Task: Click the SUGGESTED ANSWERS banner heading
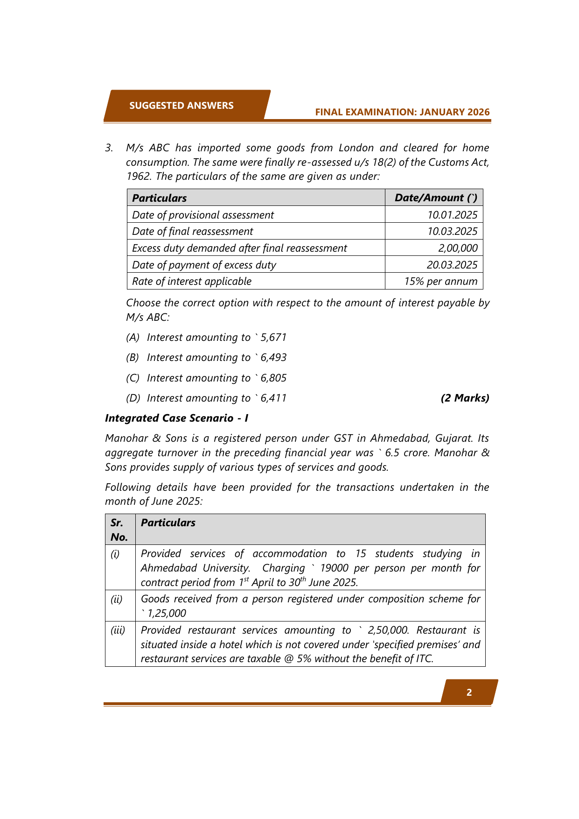pos(181,106)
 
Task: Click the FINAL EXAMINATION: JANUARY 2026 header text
pos(402,112)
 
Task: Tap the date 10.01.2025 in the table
pos(452,215)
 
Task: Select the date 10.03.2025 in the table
pos(452,231)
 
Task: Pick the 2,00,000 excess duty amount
pos(458,248)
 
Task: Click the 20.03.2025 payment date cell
pos(452,265)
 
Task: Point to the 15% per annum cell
pos(440,281)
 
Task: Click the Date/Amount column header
pos(436,198)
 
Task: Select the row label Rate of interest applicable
pos(192,281)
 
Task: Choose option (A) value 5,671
pos(273,337)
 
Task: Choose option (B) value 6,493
pos(273,357)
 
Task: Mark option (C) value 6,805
pos(273,378)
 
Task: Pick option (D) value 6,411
pos(273,398)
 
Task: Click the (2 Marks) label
pos(465,398)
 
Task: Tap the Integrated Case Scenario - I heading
pos(176,418)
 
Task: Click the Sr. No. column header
pos(119,530)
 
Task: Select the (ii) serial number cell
pos(116,599)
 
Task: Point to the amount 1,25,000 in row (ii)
pos(167,613)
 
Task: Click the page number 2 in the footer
pos(469,692)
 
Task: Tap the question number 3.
pos(109,148)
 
